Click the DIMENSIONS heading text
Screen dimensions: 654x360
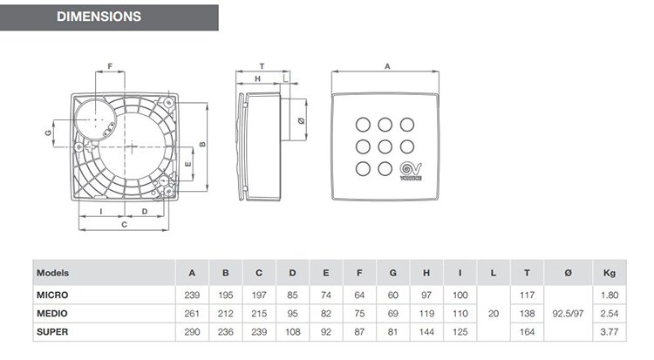tap(99, 17)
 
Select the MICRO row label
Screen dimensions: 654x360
tap(52, 295)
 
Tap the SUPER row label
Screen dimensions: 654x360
tap(52, 332)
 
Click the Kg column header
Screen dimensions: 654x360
tap(610, 273)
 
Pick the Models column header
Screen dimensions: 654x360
tap(52, 273)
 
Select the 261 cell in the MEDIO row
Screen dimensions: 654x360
tap(192, 314)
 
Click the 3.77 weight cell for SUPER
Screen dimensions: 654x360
tap(610, 332)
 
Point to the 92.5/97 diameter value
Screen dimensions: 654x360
tap(568, 314)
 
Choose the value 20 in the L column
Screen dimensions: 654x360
tap(494, 314)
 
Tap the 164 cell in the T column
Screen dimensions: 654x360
tap(528, 332)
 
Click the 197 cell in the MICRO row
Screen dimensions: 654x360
tap(259, 295)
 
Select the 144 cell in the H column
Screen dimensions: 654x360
tap(426, 332)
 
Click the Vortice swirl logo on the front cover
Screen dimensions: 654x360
tap(411, 170)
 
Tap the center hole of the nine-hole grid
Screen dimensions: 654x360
tap(385, 146)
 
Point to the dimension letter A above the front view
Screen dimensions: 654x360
tap(387, 66)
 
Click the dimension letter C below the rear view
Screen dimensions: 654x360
tap(125, 225)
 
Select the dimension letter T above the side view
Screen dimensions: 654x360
tap(262, 66)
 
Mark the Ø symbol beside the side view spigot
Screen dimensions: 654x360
tap(301, 121)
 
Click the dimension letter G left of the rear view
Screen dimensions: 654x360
tap(48, 132)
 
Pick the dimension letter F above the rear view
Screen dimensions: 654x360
tap(110, 66)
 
